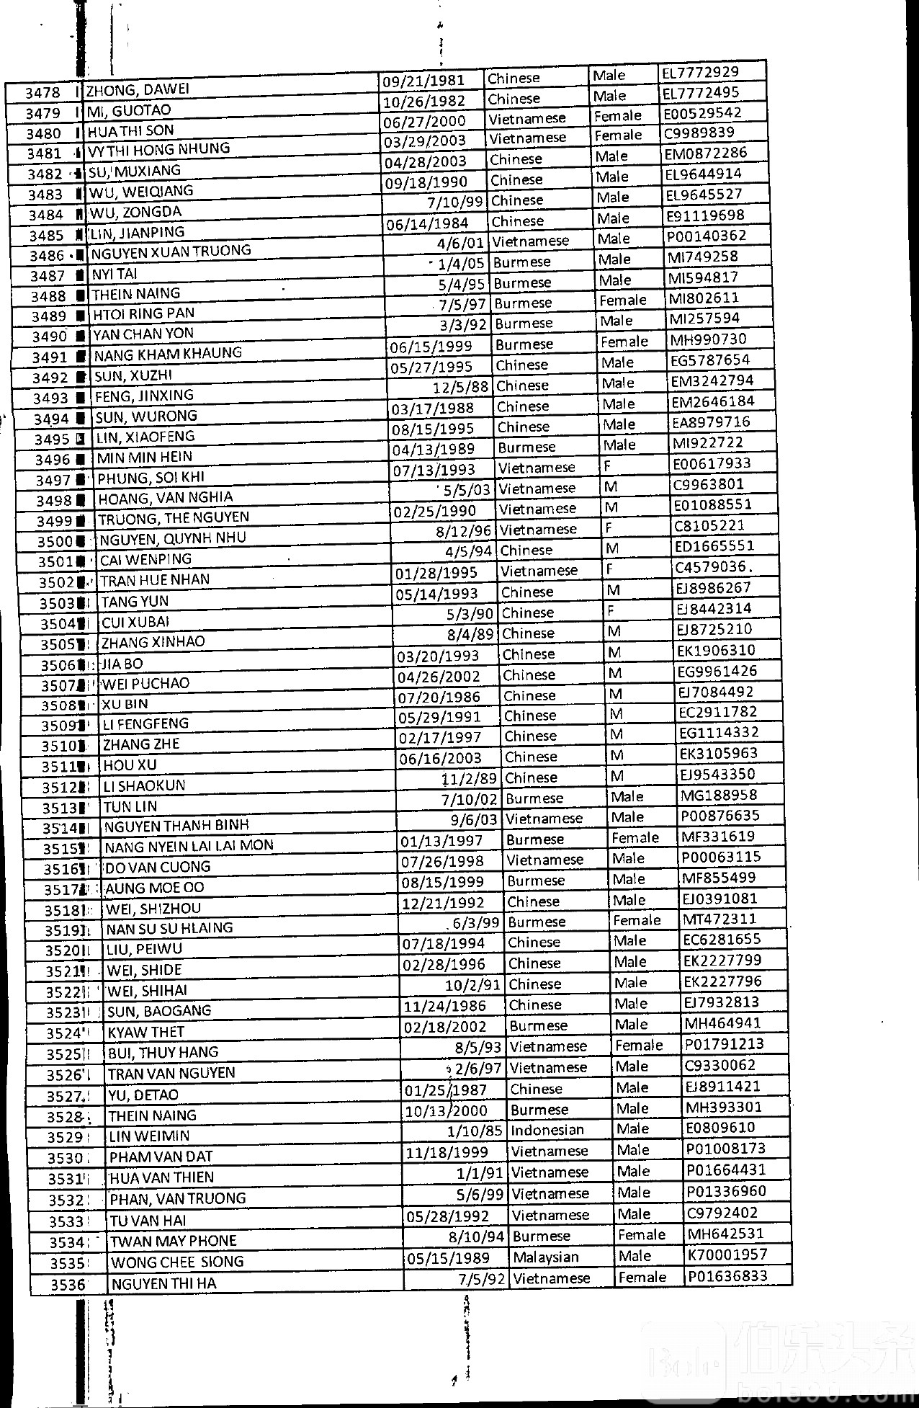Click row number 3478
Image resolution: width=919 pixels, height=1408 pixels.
pos(42,93)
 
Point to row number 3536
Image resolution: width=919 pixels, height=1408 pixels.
pos(68,1284)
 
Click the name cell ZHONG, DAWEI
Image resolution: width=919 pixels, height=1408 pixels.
pos(138,90)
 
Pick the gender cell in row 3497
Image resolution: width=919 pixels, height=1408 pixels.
pos(608,466)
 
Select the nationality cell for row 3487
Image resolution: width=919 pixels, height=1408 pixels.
pos(522,262)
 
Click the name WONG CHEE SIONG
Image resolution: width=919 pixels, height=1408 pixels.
pos(177,1262)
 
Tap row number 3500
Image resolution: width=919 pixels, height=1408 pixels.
pos(55,542)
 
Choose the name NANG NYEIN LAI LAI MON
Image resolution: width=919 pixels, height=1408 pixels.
pos(189,846)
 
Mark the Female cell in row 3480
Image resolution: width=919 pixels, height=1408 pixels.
pos(617,115)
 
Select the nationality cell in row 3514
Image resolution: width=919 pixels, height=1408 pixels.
pos(544,819)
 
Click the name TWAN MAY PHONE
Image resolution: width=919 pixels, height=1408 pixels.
pos(174,1241)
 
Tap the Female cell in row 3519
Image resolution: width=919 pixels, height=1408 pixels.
pos(636,920)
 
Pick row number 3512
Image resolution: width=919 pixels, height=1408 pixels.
pos(59,788)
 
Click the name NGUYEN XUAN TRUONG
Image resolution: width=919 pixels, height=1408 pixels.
pos(171,251)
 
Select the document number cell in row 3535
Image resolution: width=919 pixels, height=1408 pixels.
pos(727,1255)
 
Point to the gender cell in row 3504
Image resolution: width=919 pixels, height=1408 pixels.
pos(610,611)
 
